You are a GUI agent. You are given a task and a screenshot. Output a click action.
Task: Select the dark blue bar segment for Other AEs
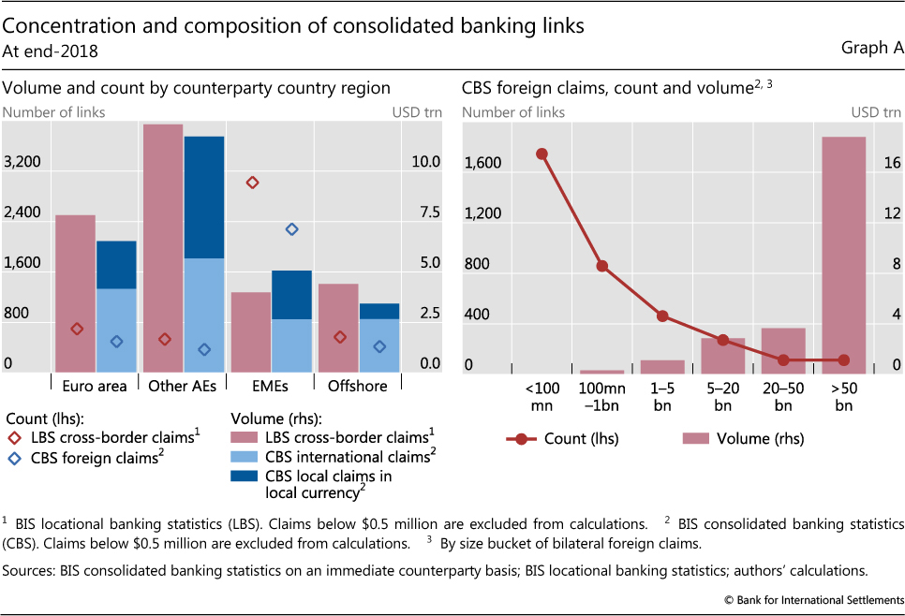tap(203, 197)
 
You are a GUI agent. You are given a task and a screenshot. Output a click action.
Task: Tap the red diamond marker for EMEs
tap(251, 182)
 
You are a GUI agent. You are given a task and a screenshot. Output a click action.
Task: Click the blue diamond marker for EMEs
tap(291, 228)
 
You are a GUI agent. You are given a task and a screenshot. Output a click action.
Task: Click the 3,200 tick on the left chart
tap(22, 162)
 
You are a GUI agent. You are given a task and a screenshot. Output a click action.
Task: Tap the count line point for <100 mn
tap(542, 154)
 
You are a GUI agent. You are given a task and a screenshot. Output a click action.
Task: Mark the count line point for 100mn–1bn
tap(602, 266)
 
